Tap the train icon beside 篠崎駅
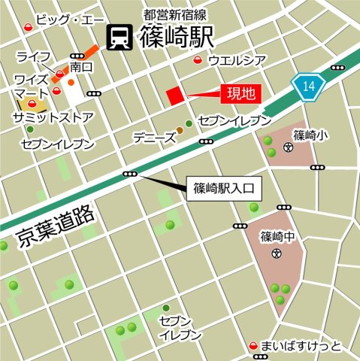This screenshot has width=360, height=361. pyautogui.click(x=119, y=36)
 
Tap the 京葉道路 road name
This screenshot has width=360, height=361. pyautogui.click(x=56, y=226)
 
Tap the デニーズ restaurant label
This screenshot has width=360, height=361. pyautogui.click(x=153, y=138)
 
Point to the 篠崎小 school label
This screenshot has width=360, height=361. pyautogui.click(x=309, y=136)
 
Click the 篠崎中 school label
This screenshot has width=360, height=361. pyautogui.click(x=276, y=237)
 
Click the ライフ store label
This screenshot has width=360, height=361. pyautogui.click(x=32, y=56)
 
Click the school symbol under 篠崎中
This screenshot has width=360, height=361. pyautogui.click(x=276, y=254)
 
